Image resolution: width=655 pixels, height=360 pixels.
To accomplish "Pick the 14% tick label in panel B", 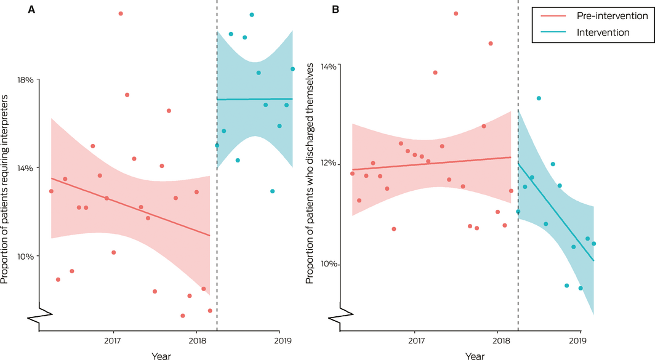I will coord(328,65).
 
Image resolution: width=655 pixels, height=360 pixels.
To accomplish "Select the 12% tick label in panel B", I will coord(328,164).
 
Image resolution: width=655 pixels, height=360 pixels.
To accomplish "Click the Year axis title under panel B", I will coord(475,356).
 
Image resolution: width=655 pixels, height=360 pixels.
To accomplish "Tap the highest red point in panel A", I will coord(121,14).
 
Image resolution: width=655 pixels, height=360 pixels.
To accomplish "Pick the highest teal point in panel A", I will coord(252,15).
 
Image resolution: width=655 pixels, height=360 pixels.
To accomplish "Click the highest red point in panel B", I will coord(456,14).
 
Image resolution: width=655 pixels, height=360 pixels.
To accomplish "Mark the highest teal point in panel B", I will coord(539,98).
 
